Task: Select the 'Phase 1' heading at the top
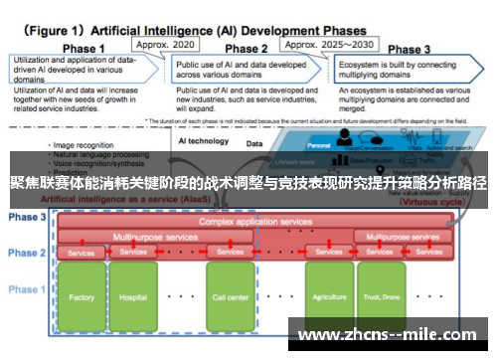click(84, 48)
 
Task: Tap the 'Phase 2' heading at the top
click(248, 48)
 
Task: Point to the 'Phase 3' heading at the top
click(409, 48)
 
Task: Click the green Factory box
click(83, 296)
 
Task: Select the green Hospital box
click(133, 296)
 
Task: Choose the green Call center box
click(230, 296)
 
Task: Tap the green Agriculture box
click(329, 296)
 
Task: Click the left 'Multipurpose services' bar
click(155, 238)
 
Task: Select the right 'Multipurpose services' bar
click(404, 238)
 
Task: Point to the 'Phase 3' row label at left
click(27, 217)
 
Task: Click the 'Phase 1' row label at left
click(27, 289)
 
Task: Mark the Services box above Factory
click(81, 253)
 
